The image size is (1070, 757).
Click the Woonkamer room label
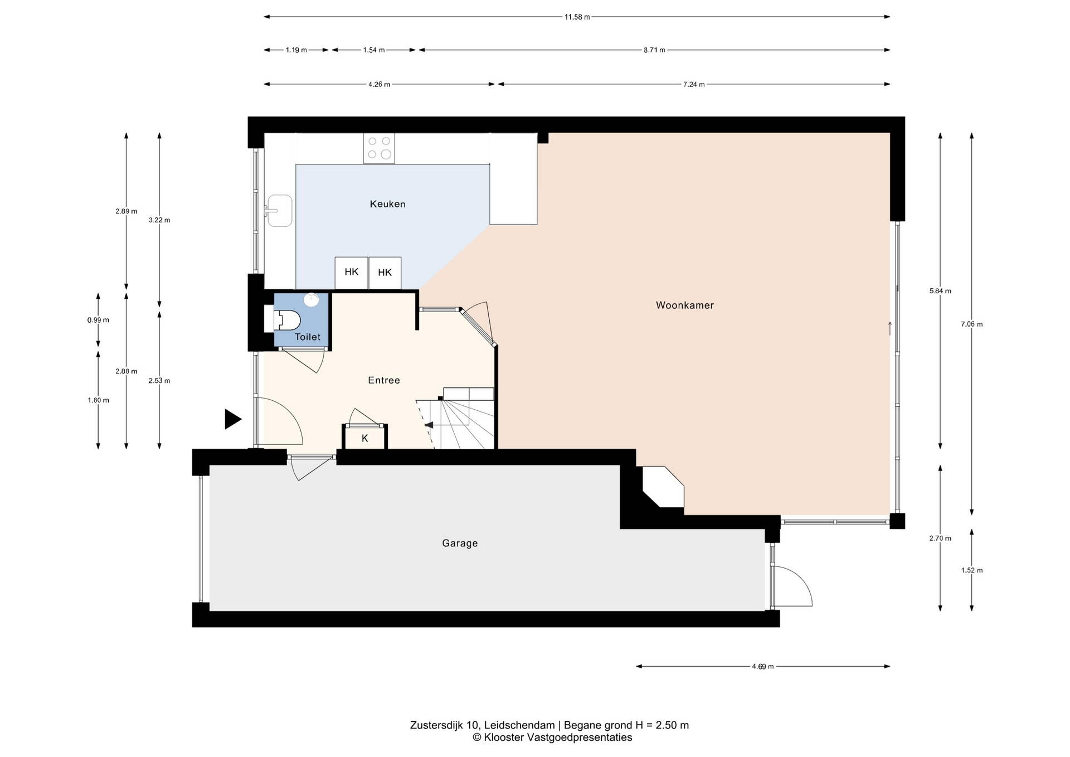684,305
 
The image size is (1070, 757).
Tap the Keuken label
387,204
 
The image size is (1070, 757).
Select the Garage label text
460,543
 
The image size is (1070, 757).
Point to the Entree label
384,380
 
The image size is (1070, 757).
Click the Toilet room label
308,337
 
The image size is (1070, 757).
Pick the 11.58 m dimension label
577,17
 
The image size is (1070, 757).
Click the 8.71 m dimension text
654,50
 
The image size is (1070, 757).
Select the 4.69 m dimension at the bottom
762,666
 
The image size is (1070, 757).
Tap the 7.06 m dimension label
971,324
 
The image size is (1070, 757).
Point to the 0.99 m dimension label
98,320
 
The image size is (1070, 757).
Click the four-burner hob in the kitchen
379,148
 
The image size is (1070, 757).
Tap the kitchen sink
279,211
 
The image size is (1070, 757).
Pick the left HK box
351,273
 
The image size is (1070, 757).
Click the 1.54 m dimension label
373,50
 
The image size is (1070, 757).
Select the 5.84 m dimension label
940,290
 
